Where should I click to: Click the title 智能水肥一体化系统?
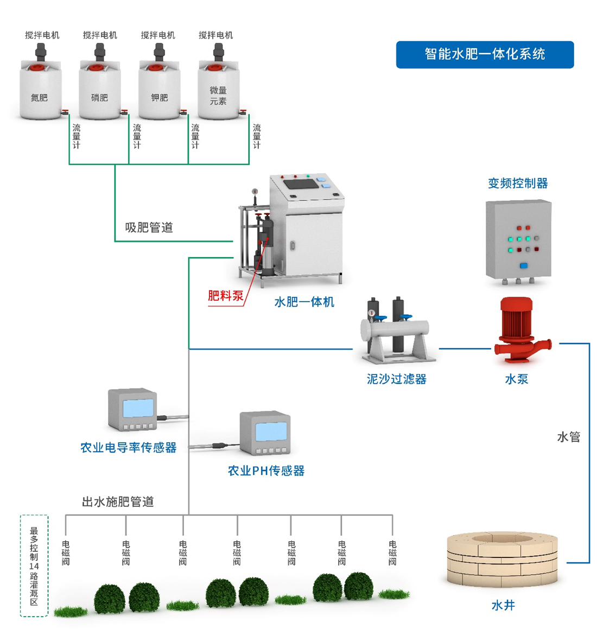pos(485,54)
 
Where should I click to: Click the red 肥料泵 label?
pos(226,296)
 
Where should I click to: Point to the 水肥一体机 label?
pos(304,302)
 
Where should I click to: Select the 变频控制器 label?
pos(518,183)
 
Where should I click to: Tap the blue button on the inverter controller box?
pos(524,266)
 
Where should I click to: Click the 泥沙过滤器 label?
pos(396,379)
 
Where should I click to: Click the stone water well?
pos(502,559)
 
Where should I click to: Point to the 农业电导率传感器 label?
pos(129,448)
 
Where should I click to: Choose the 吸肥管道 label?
pos(149,227)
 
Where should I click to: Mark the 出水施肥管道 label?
pos(118,502)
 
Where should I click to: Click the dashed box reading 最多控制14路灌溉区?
pos(34,566)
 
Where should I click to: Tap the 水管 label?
pos(568,437)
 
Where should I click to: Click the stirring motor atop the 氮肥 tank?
pos(41,52)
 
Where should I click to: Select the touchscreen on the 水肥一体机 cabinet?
pos(302,184)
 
